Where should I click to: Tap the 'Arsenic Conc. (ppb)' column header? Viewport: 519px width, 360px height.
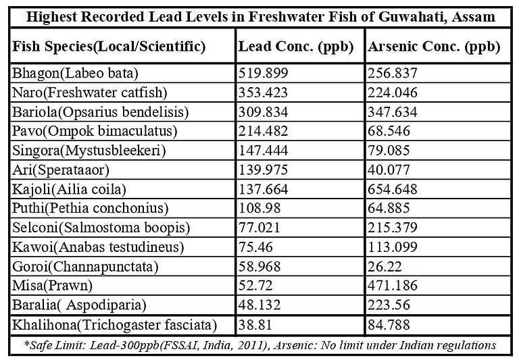(433, 47)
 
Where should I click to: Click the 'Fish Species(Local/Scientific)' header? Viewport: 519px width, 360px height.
(109, 47)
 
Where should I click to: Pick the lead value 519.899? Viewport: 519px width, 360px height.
(265, 74)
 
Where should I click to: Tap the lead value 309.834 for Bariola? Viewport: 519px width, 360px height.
(265, 111)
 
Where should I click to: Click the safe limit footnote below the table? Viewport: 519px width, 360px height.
(259, 345)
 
